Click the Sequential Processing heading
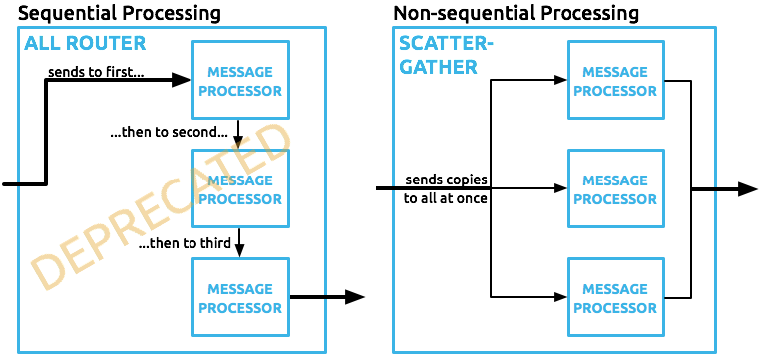tap(120, 13)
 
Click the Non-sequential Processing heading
tap(516, 13)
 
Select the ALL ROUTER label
tap(85, 43)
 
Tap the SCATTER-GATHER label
tap(439, 55)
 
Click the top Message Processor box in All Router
tap(240, 81)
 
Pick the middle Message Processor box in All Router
tap(240, 189)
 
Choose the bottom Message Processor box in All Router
tap(240, 298)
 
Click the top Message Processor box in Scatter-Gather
tap(615, 81)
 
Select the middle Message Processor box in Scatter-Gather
tap(615, 189)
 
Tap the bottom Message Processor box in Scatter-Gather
tap(615, 298)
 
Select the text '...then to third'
tap(185, 244)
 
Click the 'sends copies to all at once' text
tap(446, 188)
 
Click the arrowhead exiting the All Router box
tap(355, 297)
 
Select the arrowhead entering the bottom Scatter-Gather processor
tap(559, 297)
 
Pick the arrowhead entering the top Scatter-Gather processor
tap(559, 81)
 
